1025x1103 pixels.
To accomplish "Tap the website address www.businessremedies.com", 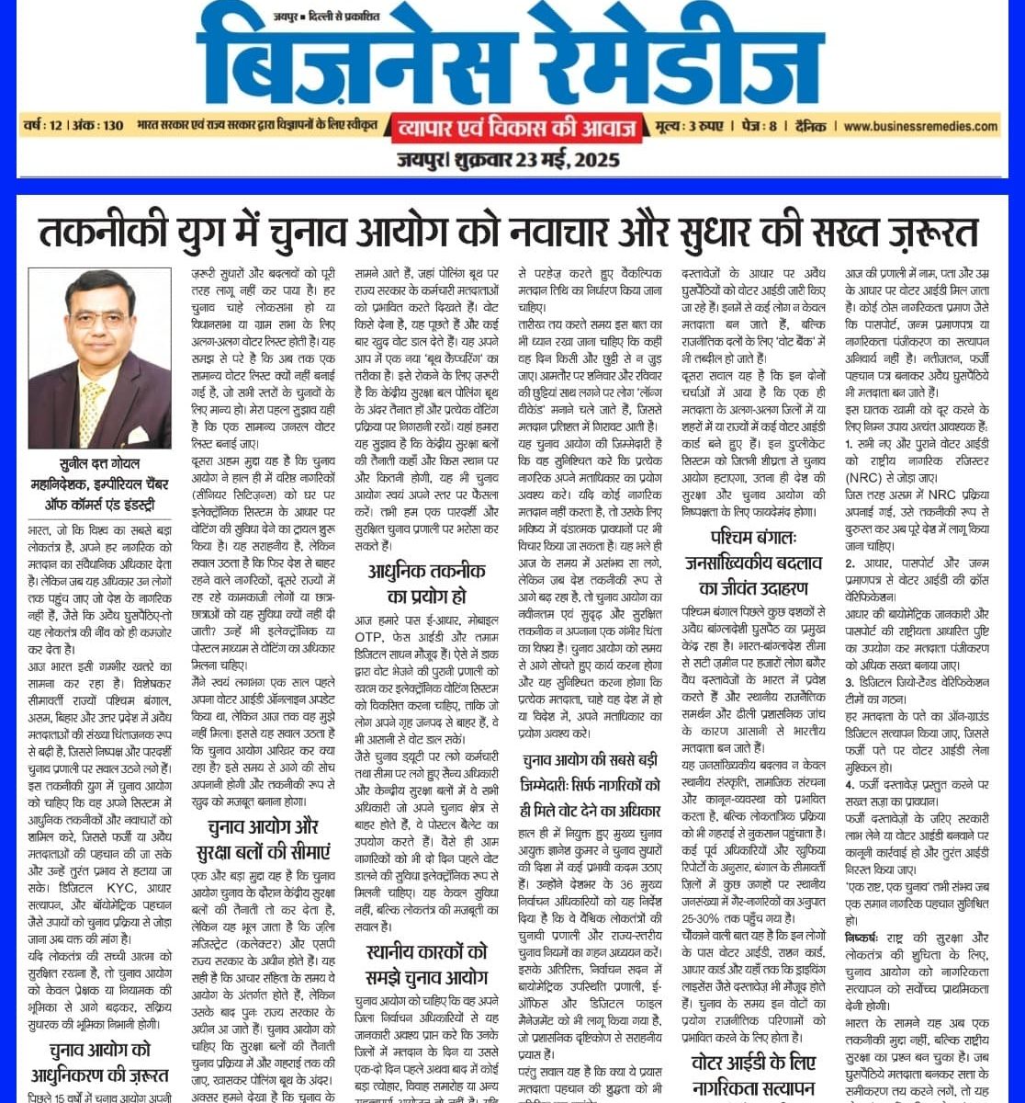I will (x=921, y=125).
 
